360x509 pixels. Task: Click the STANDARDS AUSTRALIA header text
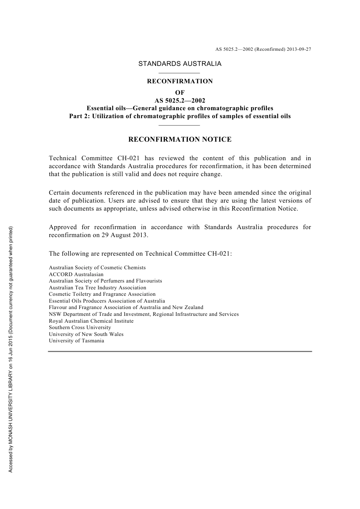coord(180,64)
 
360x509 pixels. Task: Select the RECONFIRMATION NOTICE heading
coord(180,139)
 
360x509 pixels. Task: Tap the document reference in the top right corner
coord(263,49)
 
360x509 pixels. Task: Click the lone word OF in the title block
coord(180,92)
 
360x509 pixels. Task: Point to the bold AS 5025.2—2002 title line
coord(180,100)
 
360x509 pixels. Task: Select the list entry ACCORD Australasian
coord(76,274)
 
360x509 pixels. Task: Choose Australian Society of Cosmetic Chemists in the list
coord(97,268)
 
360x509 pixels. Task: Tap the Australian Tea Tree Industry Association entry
coord(97,287)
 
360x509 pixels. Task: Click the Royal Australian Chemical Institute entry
coord(91,321)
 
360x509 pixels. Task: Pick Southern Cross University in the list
coord(80,327)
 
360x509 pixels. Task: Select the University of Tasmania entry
coord(76,340)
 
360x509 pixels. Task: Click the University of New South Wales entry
coord(86,334)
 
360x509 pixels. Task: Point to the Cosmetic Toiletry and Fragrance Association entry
coord(102,294)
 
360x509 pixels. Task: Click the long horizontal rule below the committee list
coord(180,351)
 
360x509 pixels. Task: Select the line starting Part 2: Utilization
coord(180,116)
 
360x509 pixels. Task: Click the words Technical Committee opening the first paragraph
coord(80,158)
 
